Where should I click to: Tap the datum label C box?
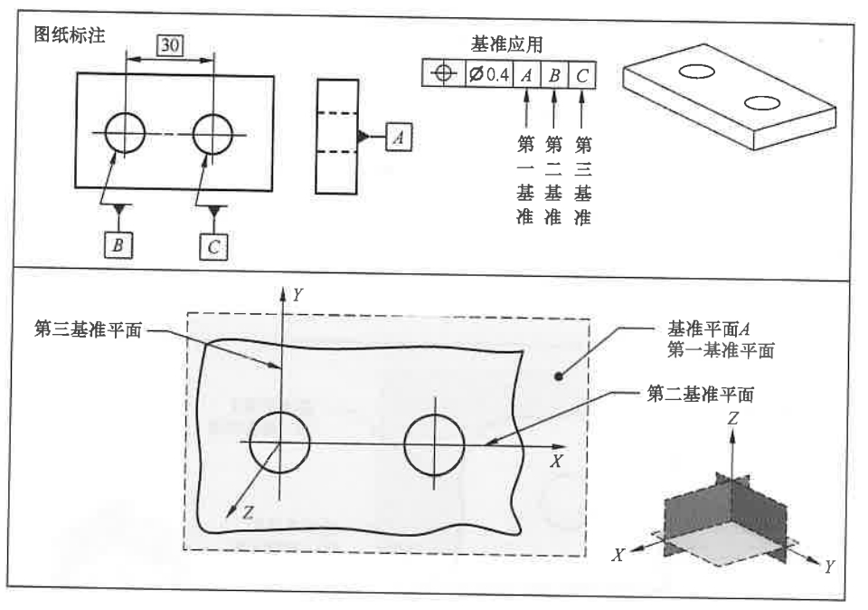(214, 245)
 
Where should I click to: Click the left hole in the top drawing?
(126, 134)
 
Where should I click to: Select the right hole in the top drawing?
(212, 134)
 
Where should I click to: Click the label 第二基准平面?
(702, 394)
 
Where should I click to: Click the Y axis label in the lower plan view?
(297, 293)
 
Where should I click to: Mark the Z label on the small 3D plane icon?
(732, 418)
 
